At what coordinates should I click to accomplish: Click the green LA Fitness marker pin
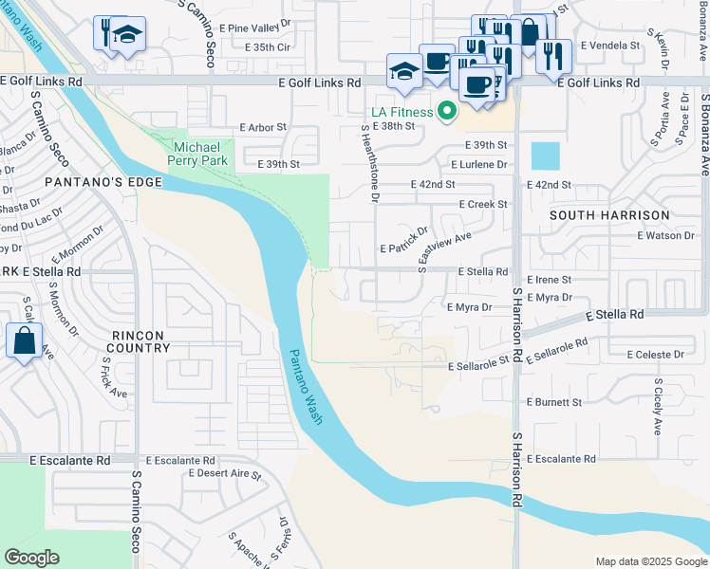point(442,113)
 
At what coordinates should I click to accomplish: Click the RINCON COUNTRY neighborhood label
point(138,341)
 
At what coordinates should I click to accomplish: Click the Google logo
point(31,558)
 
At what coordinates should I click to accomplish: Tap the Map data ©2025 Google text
point(649,561)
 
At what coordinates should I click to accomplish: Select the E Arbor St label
point(263,127)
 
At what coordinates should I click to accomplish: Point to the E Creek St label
point(483,204)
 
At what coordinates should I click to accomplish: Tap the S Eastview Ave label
point(445,252)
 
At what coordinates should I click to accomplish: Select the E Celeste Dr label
point(655,355)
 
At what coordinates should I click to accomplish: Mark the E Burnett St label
point(554,402)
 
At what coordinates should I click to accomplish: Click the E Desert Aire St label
point(225,472)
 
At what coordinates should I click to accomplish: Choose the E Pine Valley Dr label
point(258,29)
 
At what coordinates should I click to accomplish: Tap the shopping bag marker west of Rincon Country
point(24,340)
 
